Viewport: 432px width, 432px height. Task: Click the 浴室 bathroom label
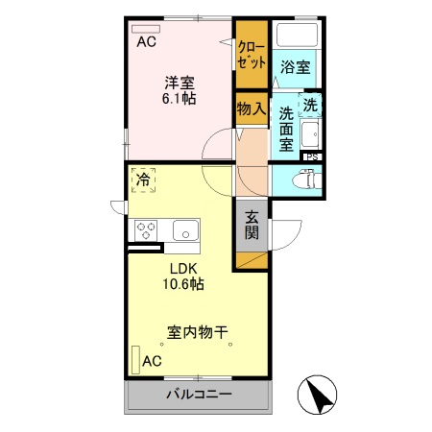coord(295,67)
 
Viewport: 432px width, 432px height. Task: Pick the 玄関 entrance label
coord(252,225)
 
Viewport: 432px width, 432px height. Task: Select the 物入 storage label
coord(251,108)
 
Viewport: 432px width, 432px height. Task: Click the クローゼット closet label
coord(251,55)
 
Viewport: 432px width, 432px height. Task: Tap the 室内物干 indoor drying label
coord(197,333)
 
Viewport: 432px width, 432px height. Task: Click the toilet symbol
coord(306,179)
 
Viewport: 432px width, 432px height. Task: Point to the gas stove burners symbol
coord(147,230)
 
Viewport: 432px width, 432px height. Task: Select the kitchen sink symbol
coord(185,230)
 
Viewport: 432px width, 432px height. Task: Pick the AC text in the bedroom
coord(146,43)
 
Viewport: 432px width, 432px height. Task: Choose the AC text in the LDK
coord(152,361)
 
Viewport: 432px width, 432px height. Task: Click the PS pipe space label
coord(312,156)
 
